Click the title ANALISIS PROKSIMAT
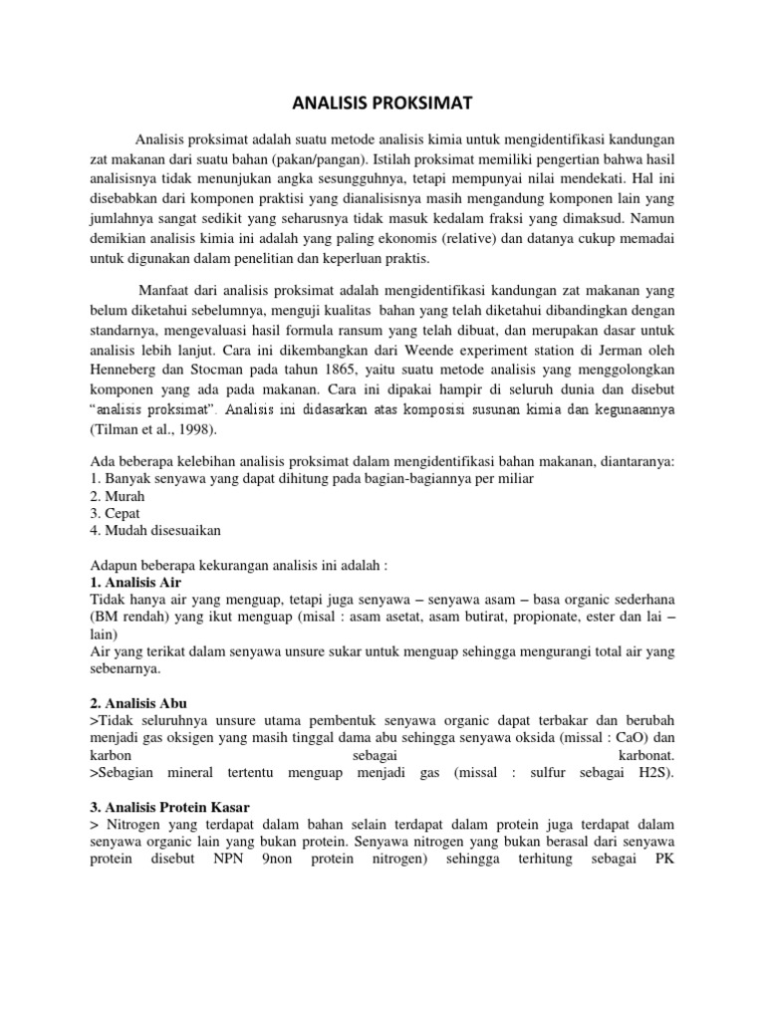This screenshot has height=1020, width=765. coord(382,103)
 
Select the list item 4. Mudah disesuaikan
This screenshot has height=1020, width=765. coord(155,530)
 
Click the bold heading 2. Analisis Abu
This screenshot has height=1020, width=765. coord(145,701)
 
